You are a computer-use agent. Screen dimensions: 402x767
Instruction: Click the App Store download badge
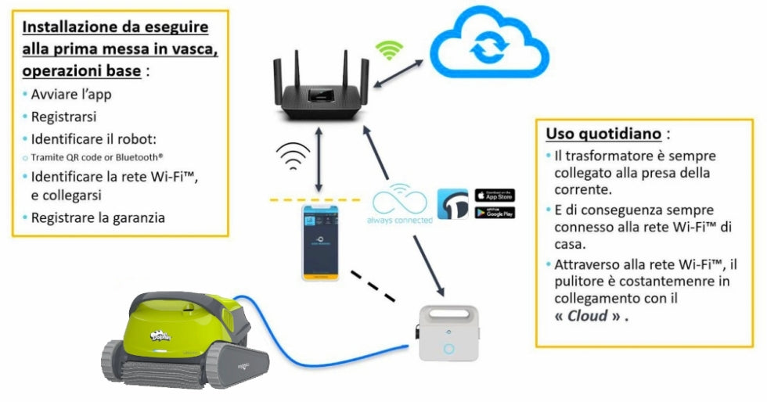[495, 195]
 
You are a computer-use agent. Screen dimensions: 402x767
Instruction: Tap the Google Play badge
[495, 212]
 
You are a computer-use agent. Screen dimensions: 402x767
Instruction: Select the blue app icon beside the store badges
[452, 203]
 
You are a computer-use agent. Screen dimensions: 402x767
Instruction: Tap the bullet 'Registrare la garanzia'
[97, 218]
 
